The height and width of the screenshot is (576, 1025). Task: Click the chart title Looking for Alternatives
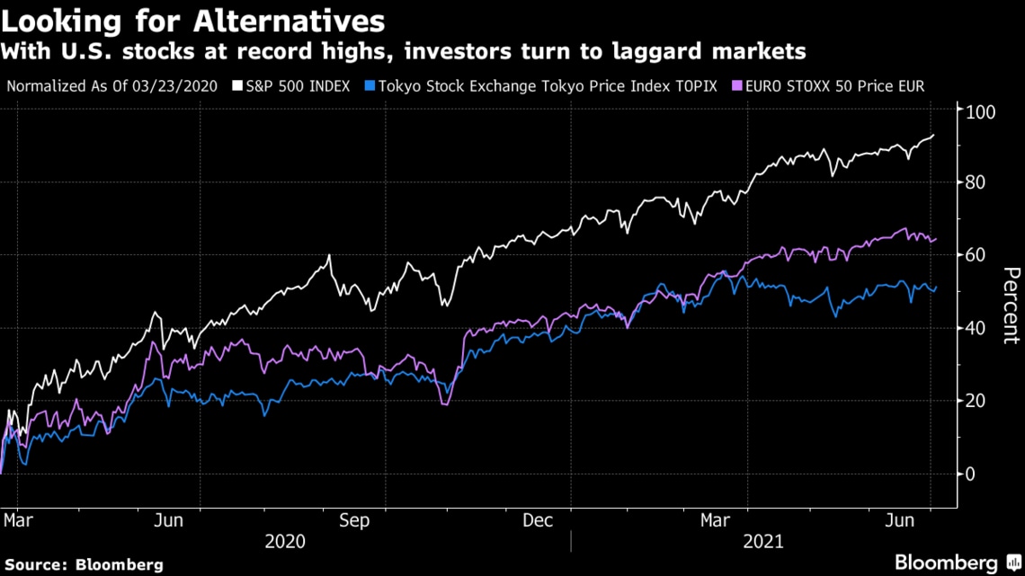click(x=192, y=21)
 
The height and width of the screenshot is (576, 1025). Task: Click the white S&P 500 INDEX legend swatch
click(x=237, y=86)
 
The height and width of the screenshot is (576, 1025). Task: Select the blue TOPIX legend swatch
click(x=370, y=86)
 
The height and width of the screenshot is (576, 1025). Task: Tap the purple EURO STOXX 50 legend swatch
click(x=737, y=86)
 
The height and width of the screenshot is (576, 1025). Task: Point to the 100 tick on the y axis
click(x=981, y=111)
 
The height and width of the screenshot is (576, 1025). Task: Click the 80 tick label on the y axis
click(x=976, y=182)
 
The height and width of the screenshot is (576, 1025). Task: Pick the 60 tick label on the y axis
click(x=976, y=254)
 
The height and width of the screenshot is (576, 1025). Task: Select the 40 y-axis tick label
click(x=976, y=328)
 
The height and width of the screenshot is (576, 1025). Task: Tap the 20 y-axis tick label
click(x=976, y=401)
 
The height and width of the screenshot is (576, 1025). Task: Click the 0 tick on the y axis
click(x=971, y=474)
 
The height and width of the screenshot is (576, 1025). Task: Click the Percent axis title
click(x=1011, y=305)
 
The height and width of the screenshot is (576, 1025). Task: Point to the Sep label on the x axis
click(x=354, y=520)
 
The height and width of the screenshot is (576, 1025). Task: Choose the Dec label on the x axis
click(x=538, y=520)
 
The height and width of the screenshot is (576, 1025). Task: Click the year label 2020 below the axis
click(x=285, y=541)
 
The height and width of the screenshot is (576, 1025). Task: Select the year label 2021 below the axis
click(x=763, y=541)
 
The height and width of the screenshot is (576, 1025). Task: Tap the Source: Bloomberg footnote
click(x=85, y=565)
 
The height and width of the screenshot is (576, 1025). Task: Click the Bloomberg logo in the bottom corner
click(x=958, y=563)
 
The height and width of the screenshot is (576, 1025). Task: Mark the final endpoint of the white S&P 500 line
click(x=933, y=135)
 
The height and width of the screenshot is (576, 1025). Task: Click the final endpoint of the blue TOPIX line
click(x=936, y=287)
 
